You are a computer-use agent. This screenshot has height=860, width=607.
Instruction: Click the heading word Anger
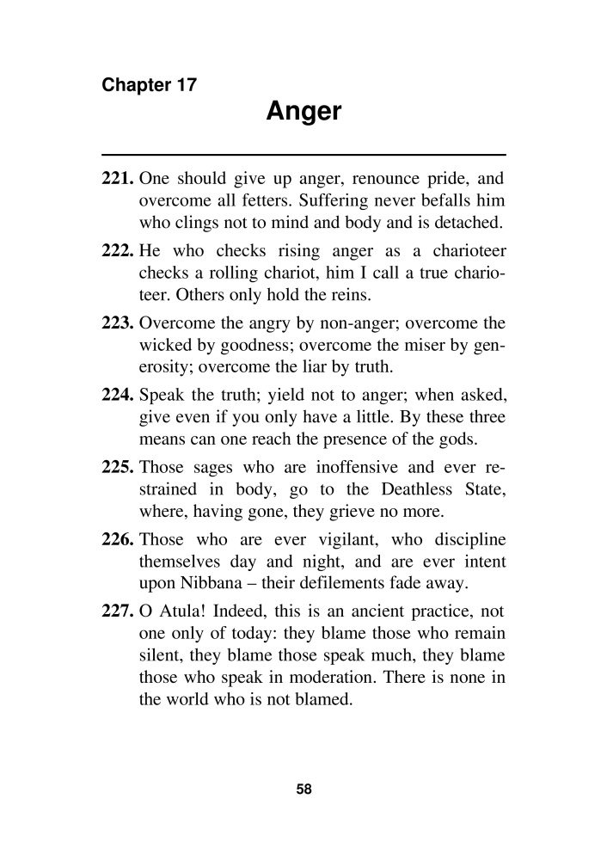pos(303,112)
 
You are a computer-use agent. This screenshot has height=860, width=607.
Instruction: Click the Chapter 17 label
pos(150,85)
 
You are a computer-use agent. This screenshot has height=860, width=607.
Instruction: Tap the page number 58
pos(303,789)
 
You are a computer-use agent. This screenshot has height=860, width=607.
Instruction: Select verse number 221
pos(118,181)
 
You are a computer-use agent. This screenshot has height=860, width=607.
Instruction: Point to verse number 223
pos(118,325)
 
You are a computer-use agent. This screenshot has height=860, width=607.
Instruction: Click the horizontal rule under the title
pos(303,153)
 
